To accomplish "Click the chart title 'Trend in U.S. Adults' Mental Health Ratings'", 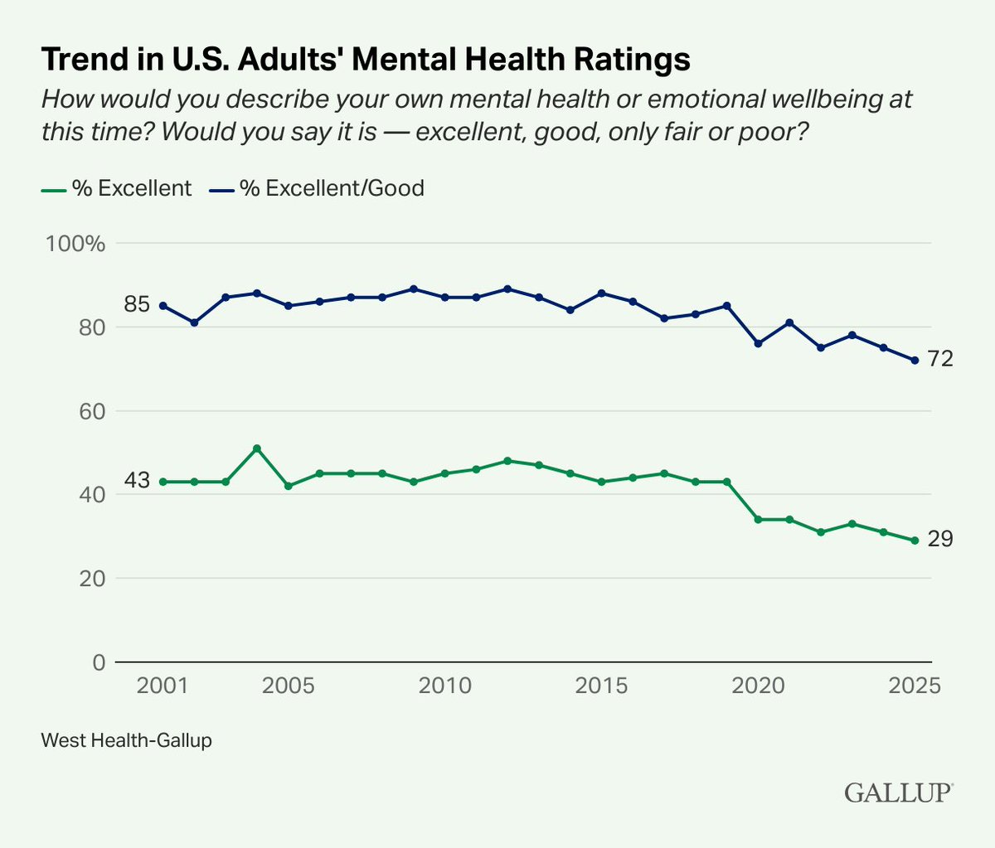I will [x=366, y=60].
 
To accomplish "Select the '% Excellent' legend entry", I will [x=117, y=188].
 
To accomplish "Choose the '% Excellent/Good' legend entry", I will [x=316, y=188].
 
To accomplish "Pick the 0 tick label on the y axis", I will [x=98, y=662].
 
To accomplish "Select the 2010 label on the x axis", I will [x=446, y=686].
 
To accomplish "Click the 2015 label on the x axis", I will [x=602, y=686].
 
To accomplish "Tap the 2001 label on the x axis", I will [x=162, y=686].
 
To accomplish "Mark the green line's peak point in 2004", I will [x=257, y=448].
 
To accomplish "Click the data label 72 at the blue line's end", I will [x=941, y=359].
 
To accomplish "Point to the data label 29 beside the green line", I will [x=941, y=540].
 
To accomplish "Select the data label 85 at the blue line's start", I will [x=137, y=304].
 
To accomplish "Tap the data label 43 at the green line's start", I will [x=137, y=480].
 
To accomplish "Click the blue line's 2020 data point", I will [x=758, y=343].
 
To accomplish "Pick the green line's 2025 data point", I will [x=915, y=540].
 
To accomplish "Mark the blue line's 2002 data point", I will [x=194, y=322].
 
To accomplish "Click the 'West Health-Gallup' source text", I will [x=126, y=739].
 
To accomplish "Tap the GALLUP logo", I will [x=899, y=792].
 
